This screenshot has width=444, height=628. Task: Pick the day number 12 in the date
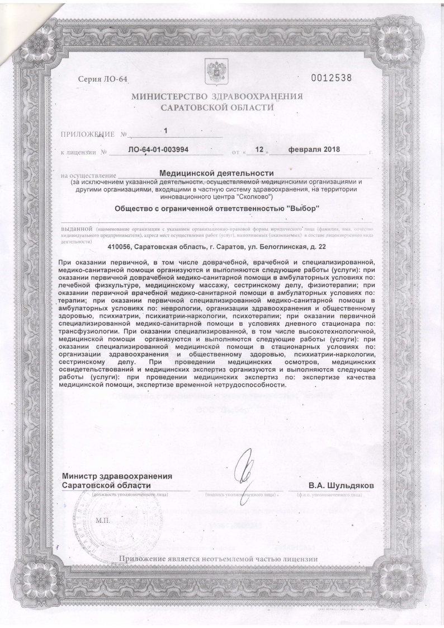[258, 150]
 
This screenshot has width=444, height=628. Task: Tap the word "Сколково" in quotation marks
[255, 197]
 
